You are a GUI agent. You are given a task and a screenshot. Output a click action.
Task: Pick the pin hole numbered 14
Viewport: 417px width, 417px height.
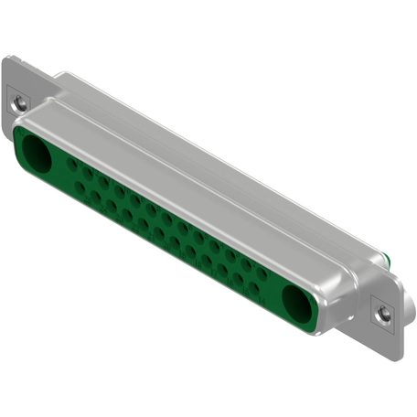click(254, 287)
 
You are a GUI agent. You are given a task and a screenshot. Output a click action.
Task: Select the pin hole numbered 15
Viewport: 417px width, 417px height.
click(238, 279)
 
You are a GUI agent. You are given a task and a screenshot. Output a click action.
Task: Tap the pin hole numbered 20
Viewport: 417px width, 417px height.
click(159, 233)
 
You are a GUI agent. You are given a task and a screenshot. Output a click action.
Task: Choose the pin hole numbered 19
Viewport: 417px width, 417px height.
click(175, 242)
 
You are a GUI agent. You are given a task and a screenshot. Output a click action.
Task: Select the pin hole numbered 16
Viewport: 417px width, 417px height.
click(222, 270)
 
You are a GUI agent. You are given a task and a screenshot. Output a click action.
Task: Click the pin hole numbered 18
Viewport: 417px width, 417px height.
click(190, 251)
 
